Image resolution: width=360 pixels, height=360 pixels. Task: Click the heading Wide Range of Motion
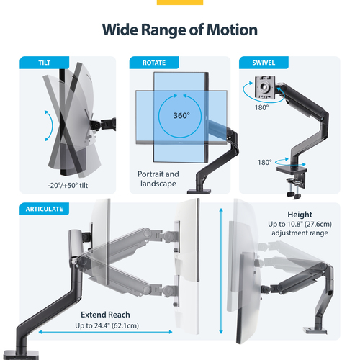pyautogui.click(x=179, y=30)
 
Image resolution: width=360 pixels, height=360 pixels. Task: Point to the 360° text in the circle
pyautogui.click(x=181, y=115)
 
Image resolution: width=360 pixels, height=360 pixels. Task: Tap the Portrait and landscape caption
pyautogui.click(x=158, y=179)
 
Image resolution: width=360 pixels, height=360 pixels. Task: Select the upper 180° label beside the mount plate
pyautogui.click(x=261, y=107)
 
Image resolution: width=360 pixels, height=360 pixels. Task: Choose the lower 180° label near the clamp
pyautogui.click(x=265, y=163)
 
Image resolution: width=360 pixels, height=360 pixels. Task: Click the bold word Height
pyautogui.click(x=300, y=215)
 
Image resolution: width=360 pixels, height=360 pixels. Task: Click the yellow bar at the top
pyautogui.click(x=179, y=2)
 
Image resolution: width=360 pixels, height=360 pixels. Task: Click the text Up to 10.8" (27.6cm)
pyautogui.click(x=300, y=225)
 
